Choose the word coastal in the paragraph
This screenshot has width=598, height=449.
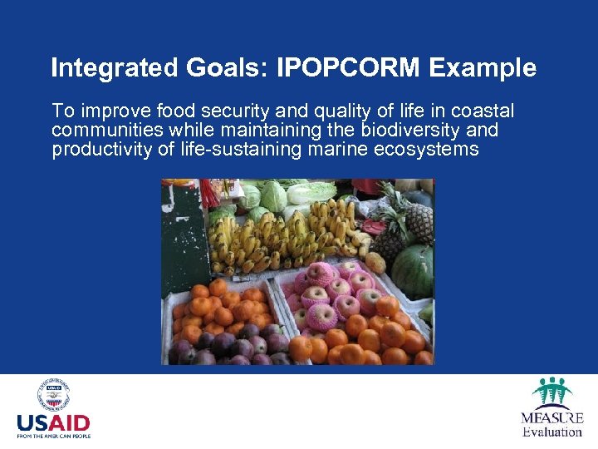483,111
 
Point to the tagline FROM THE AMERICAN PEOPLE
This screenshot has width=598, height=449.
53,436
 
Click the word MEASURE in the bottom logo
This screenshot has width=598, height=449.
552,417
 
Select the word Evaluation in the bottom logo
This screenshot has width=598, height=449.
552,432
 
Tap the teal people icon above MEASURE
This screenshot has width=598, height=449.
552,392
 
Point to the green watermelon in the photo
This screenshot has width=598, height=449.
412,271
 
